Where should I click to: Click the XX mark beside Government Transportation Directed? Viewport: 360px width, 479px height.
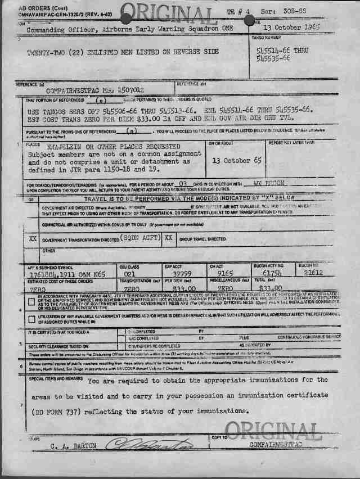click(33, 239)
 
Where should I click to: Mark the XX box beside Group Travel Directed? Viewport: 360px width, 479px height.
click(168, 238)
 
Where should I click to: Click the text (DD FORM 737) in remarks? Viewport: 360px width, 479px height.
click(58, 411)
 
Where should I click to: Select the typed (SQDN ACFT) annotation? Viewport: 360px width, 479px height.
click(138, 238)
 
